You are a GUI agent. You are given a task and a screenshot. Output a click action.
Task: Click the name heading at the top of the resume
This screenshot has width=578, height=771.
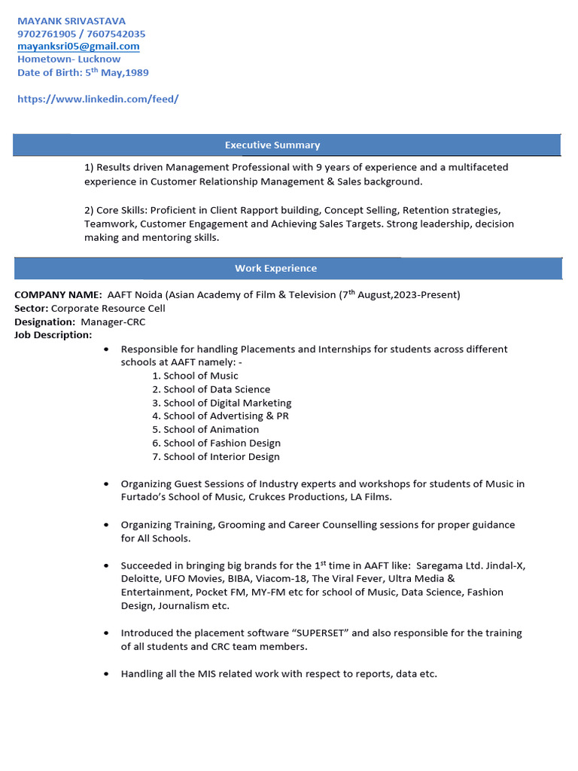pyautogui.click(x=71, y=21)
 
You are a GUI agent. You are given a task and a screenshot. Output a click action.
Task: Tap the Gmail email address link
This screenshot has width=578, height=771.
pyautogui.click(x=78, y=47)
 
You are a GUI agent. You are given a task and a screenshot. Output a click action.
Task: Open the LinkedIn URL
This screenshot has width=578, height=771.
pyautogui.click(x=98, y=99)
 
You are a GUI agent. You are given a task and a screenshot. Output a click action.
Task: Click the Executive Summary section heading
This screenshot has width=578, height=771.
pyautogui.click(x=272, y=145)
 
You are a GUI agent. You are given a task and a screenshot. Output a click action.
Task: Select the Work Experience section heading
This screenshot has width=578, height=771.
pyautogui.click(x=275, y=269)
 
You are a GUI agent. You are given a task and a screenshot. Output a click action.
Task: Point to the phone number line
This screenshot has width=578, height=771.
pyautogui.click(x=81, y=34)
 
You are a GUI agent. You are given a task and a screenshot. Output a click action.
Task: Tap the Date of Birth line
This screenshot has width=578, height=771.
pyautogui.click(x=83, y=73)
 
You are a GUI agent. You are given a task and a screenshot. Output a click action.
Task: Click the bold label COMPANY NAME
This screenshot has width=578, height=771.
pyautogui.click(x=58, y=294)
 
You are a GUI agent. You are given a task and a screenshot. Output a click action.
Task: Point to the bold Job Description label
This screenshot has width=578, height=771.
pyautogui.click(x=53, y=335)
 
